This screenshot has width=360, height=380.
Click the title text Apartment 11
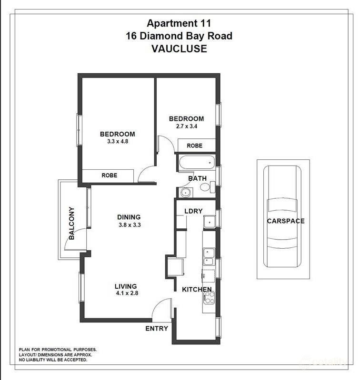tap(179, 23)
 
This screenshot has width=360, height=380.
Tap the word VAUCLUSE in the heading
tap(179, 49)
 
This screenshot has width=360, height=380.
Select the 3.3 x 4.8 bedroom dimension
tap(117, 141)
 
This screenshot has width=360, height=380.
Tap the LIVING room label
tap(126, 286)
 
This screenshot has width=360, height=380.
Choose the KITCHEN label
tap(197, 289)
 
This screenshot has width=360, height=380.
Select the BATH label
tap(197, 178)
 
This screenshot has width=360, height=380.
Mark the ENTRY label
tap(157, 328)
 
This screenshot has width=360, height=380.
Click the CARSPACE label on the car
tap(285, 221)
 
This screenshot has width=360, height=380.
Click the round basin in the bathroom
tap(185, 192)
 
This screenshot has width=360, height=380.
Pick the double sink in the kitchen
tap(209, 256)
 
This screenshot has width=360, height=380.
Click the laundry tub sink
tap(210, 222)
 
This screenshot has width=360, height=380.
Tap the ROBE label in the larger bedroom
tap(110, 175)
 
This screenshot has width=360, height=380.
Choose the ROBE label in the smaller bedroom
tap(194, 146)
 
